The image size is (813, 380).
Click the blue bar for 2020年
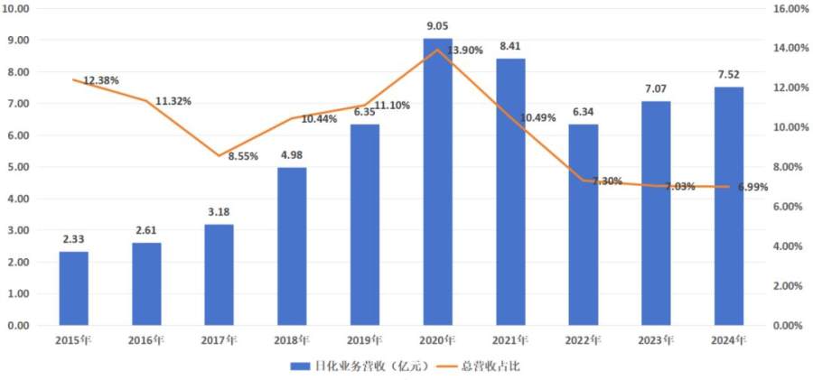437,181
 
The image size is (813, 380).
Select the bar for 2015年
74,288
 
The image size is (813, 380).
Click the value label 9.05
437,27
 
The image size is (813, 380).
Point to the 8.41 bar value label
509,47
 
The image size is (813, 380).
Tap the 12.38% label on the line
102,80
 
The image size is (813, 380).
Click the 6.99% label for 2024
756,187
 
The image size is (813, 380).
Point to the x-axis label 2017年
219,341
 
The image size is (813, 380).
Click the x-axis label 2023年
656,341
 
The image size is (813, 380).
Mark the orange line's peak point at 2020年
437,50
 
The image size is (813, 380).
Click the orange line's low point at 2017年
219,155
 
